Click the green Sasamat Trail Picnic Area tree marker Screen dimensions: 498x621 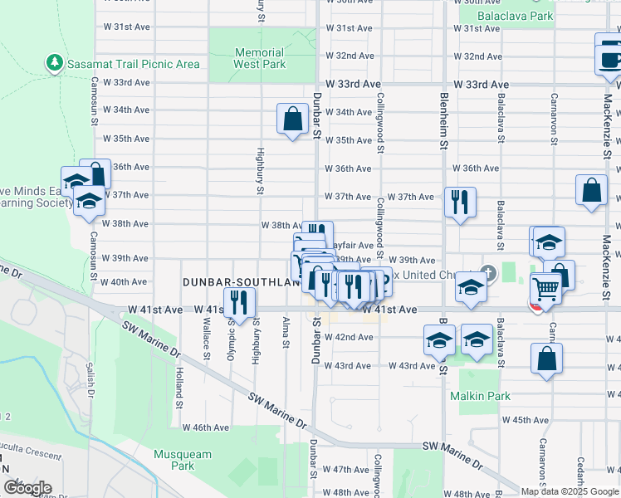pyautogui.click(x=55, y=63)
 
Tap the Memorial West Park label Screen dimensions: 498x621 pyautogui.click(x=259, y=58)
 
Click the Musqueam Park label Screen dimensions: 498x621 pyautogui.click(x=182, y=460)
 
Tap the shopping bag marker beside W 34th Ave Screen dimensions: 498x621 pyautogui.click(x=293, y=119)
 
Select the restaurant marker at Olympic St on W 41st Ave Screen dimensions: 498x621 pyautogui.click(x=238, y=303)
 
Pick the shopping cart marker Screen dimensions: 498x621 pyautogui.click(x=545, y=290)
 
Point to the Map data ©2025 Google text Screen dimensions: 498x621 pyautogui.click(x=570, y=491)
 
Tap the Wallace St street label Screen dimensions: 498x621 pyautogui.click(x=206, y=344)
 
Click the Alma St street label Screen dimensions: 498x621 pyautogui.click(x=286, y=330)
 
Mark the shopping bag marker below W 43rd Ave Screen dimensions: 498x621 pyautogui.click(x=546, y=359)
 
